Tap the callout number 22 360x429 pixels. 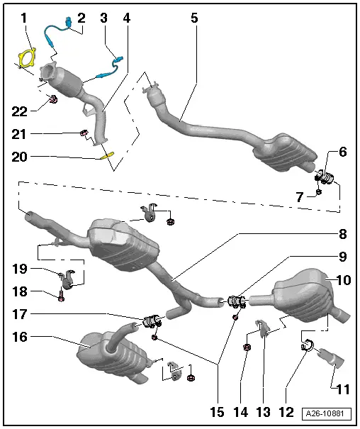click(x=19, y=111)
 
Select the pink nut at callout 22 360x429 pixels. click(x=53, y=99)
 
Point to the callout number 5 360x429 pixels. click(x=194, y=18)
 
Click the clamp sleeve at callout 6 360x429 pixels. click(x=324, y=177)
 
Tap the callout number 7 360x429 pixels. click(x=300, y=196)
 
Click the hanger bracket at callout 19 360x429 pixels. click(x=67, y=278)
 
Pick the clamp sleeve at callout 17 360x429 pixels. click(x=152, y=321)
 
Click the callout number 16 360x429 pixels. click(x=20, y=337)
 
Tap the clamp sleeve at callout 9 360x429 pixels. click(x=236, y=301)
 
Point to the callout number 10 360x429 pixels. click(x=344, y=280)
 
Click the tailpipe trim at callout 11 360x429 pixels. click(x=330, y=357)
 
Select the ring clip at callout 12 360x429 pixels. click(x=308, y=345)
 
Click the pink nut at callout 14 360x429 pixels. click(x=247, y=347)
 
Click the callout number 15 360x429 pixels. click(x=217, y=412)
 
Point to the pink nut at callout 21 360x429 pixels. click(x=84, y=133)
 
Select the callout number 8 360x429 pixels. click(x=343, y=234)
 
